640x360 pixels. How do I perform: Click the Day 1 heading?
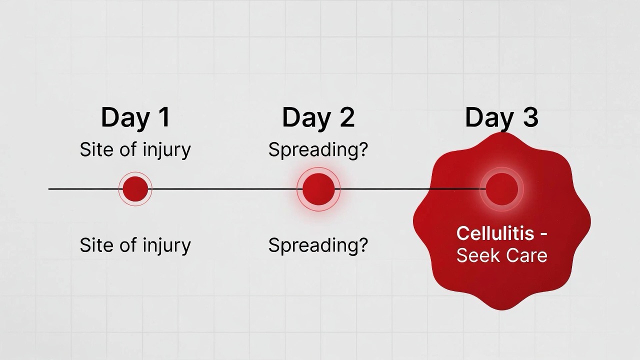coord(135,117)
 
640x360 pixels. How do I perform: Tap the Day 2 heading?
coord(318,117)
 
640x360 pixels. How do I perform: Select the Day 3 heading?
coord(501,117)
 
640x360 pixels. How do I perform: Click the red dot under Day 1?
coord(135,189)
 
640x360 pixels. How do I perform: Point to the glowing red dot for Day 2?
coord(318,189)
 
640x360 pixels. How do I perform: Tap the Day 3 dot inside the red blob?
coord(501,189)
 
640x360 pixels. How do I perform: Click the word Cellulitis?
coord(495,233)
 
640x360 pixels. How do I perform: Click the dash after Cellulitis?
coord(543,234)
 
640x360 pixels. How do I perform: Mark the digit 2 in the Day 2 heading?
coord(347,117)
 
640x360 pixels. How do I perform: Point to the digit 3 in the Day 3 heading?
coord(530,117)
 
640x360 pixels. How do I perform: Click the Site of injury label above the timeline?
coord(135,150)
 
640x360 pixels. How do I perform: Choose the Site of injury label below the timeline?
coord(135,245)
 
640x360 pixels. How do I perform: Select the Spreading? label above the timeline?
coord(318,150)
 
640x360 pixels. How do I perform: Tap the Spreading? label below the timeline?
coord(318,245)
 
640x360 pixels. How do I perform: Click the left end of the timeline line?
coord(48,189)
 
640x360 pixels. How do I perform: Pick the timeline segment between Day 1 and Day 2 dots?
coord(225,189)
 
